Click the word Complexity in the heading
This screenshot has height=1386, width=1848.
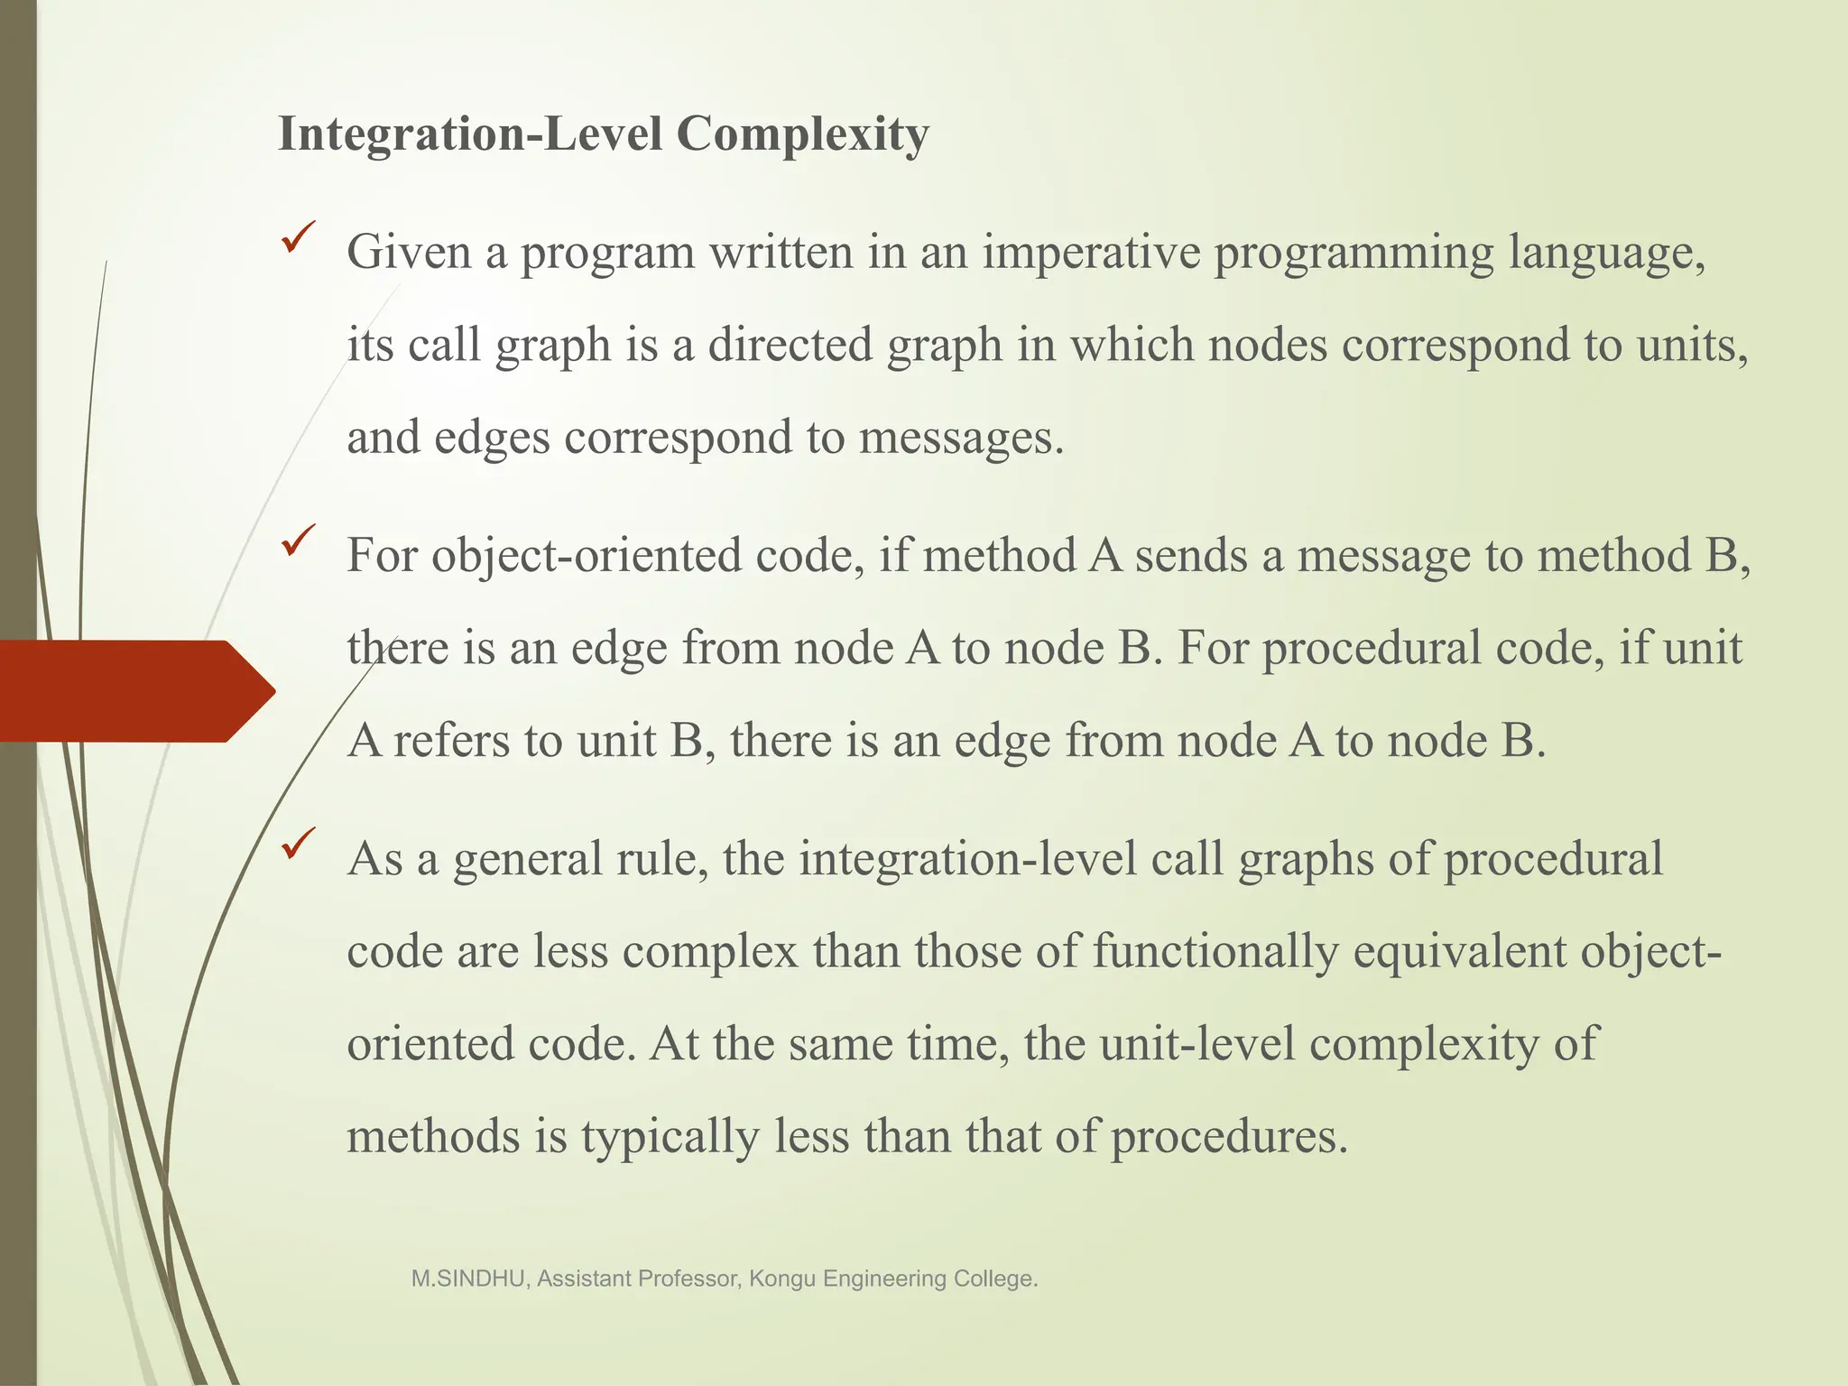click(x=802, y=136)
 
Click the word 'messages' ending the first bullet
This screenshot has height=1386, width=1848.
click(x=960, y=438)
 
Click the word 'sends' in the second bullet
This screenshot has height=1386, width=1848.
click(x=1190, y=556)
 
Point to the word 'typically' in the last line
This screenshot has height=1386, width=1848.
click(x=670, y=1137)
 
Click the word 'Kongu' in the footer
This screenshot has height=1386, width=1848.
click(x=782, y=1279)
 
